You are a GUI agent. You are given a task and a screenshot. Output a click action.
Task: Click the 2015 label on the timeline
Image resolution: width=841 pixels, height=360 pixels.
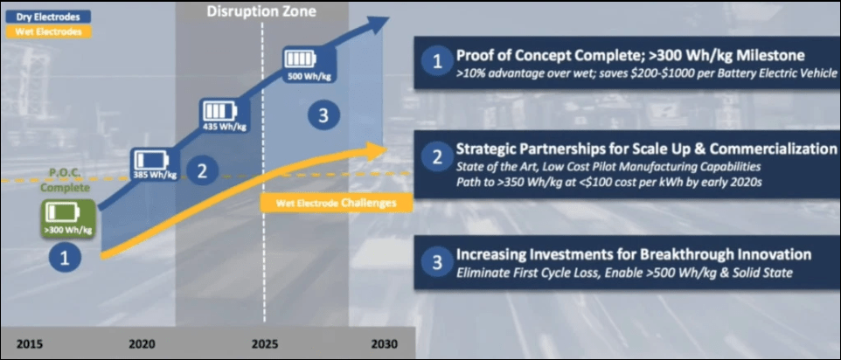(31, 343)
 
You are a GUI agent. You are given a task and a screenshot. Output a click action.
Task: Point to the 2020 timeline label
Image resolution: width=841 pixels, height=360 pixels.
(142, 343)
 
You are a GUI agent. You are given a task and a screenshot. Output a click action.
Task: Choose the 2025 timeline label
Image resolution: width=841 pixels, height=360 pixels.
(263, 343)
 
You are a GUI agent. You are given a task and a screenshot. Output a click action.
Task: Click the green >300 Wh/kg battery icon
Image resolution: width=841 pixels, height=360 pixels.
(69, 219)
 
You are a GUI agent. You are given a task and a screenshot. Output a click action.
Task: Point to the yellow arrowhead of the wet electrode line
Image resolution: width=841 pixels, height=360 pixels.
(377, 148)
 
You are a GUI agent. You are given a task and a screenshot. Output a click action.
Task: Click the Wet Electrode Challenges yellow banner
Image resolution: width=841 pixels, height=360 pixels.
(336, 204)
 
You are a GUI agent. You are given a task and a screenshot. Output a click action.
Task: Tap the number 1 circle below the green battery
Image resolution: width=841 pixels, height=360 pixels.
(65, 259)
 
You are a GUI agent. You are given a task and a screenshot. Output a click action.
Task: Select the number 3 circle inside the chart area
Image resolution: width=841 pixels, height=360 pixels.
(323, 114)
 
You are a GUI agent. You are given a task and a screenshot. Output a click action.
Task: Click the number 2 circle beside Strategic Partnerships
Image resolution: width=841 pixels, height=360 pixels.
(438, 157)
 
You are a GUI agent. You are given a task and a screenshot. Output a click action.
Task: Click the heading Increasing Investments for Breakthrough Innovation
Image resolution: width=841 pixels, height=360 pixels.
(634, 254)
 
